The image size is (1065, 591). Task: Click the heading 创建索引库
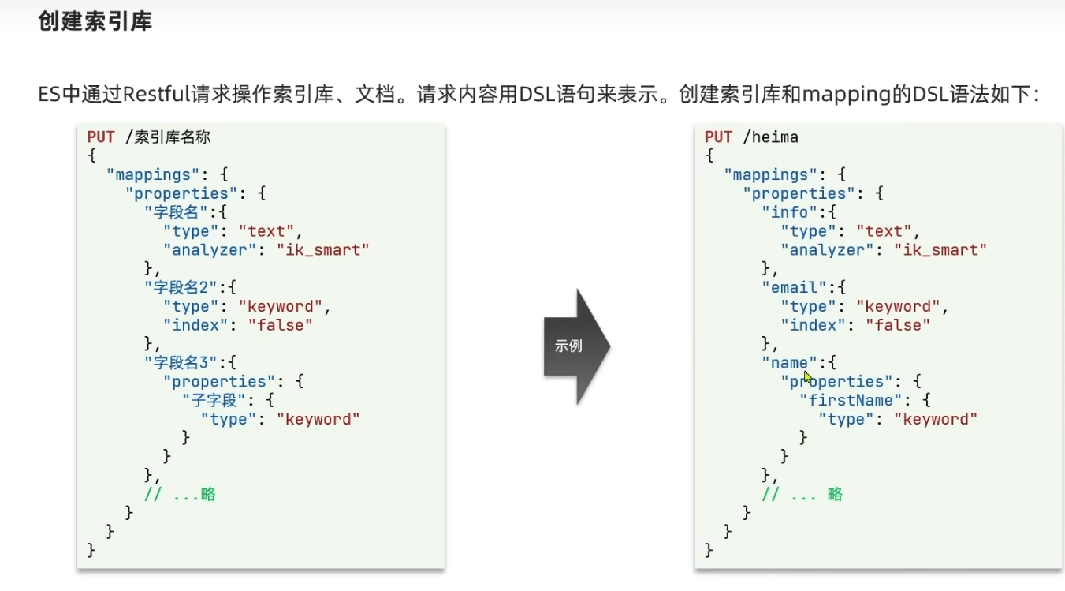pyautogui.click(x=95, y=21)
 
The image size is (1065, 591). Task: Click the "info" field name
pyautogui.click(x=789, y=213)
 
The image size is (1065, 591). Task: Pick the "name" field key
pyautogui.click(x=789, y=363)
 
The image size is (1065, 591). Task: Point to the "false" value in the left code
pyautogui.click(x=281, y=325)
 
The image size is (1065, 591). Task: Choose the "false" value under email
pyautogui.click(x=898, y=325)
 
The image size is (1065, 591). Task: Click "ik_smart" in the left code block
pyautogui.click(x=322, y=250)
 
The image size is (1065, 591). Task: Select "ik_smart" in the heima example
pyautogui.click(x=940, y=250)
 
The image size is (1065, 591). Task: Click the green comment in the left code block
pyautogui.click(x=180, y=495)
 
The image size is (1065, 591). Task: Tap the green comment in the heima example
pyautogui.click(x=802, y=495)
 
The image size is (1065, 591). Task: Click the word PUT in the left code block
pyautogui.click(x=101, y=137)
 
